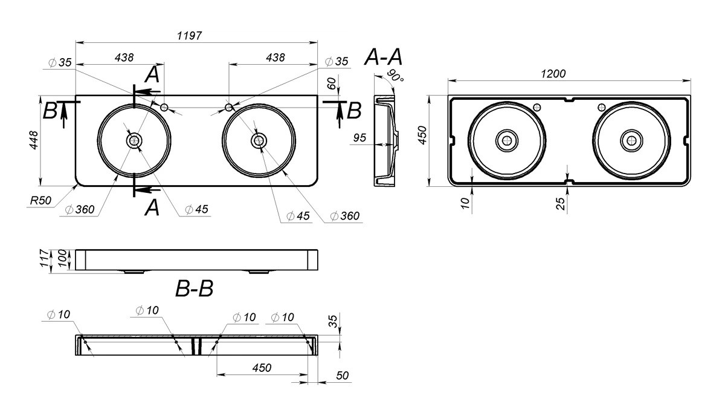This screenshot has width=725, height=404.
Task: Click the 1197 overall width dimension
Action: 189,35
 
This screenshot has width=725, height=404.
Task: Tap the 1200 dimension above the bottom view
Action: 553,74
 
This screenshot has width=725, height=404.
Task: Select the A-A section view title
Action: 383,57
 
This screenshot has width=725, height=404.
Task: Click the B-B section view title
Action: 194,288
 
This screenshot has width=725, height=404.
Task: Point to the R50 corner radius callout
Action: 40,201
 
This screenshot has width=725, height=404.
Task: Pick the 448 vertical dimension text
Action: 34,140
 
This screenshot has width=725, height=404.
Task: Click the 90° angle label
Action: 395,76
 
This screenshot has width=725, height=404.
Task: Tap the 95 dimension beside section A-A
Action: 359,138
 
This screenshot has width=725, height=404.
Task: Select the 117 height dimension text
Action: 44,258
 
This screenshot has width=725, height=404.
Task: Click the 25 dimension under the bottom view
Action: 560,203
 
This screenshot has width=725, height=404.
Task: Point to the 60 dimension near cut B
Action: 332,83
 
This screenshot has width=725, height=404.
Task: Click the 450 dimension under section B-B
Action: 262,368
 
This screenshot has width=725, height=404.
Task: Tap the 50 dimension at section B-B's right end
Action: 342,376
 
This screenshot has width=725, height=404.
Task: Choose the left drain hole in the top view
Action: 134,140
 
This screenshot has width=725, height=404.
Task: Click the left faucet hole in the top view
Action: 164,107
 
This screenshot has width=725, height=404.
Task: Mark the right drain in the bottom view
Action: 631,140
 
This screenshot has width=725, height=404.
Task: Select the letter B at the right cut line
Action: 354,111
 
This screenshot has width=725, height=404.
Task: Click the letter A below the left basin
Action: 152,207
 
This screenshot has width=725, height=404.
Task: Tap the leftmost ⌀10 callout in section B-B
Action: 59,314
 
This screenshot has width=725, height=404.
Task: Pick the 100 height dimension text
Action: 62,258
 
